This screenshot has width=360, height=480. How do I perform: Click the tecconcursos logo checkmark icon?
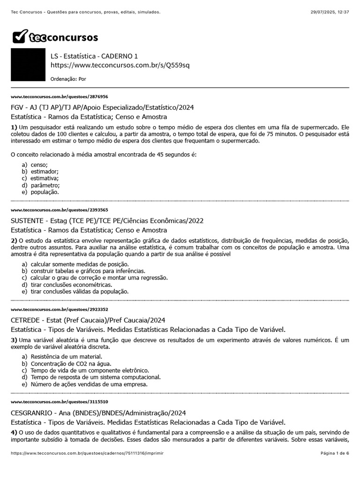pos(20,37)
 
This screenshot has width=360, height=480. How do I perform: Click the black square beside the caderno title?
pos(28,65)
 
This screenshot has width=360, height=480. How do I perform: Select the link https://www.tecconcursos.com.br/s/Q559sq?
pos(120,65)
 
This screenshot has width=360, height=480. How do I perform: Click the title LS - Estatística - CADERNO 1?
pos(94,56)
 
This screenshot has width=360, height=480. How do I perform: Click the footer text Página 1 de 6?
pos(335,454)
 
